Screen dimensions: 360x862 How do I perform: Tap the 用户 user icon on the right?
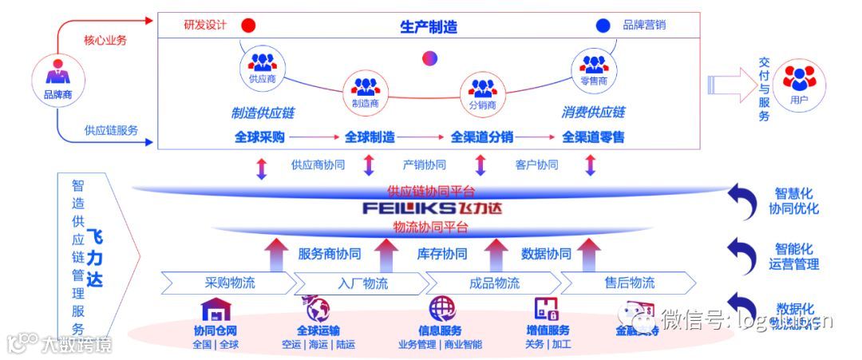pyautogui.click(x=798, y=83)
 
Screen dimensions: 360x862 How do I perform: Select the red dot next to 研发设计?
pyautogui.click(x=248, y=26)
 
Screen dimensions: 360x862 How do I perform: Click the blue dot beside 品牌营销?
pyautogui.click(x=603, y=26)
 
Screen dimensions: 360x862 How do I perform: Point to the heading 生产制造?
pyautogui.click(x=429, y=26)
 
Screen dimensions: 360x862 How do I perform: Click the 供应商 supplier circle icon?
pyautogui.click(x=262, y=66)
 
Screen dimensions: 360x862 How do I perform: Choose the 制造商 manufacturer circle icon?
pyautogui.click(x=365, y=90)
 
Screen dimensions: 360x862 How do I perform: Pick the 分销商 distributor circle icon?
pyautogui.click(x=482, y=92)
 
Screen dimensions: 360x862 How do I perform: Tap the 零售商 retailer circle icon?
pyautogui.click(x=594, y=67)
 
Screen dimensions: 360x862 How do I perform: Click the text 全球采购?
pyautogui.click(x=259, y=136)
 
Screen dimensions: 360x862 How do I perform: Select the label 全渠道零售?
pyautogui.click(x=593, y=136)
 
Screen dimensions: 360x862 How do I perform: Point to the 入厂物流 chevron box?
pyautogui.click(x=358, y=283)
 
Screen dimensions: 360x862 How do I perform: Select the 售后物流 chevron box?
pyautogui.click(x=628, y=283)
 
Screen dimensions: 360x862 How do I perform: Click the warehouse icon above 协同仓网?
pyautogui.click(x=215, y=310)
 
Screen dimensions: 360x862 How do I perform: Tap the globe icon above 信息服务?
pyautogui.click(x=441, y=308)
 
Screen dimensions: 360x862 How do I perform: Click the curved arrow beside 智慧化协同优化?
pyautogui.click(x=742, y=202)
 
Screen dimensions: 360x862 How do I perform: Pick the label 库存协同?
pyautogui.click(x=442, y=254)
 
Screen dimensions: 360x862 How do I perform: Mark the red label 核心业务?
pyautogui.click(x=105, y=40)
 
